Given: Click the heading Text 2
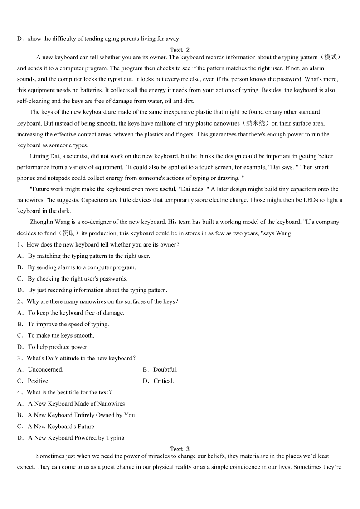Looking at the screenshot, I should click(180, 50).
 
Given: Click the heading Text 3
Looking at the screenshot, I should click(180, 449).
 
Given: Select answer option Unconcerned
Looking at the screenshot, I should click(45, 370).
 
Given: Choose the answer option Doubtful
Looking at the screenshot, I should click(165, 370).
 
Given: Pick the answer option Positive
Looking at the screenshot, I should click(39, 381).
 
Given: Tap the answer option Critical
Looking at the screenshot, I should click(163, 381).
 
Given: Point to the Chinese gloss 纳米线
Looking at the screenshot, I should click(256, 123).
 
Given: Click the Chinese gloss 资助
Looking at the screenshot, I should click(68, 233).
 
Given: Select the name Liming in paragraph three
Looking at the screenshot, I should click(39, 156).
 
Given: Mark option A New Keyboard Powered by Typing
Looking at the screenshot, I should click(76, 438).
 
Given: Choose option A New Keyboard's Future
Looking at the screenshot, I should click(61, 427).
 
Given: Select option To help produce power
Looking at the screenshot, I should click(58, 347).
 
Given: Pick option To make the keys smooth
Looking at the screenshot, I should click(61, 336).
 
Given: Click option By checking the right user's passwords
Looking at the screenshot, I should click(78, 279).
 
